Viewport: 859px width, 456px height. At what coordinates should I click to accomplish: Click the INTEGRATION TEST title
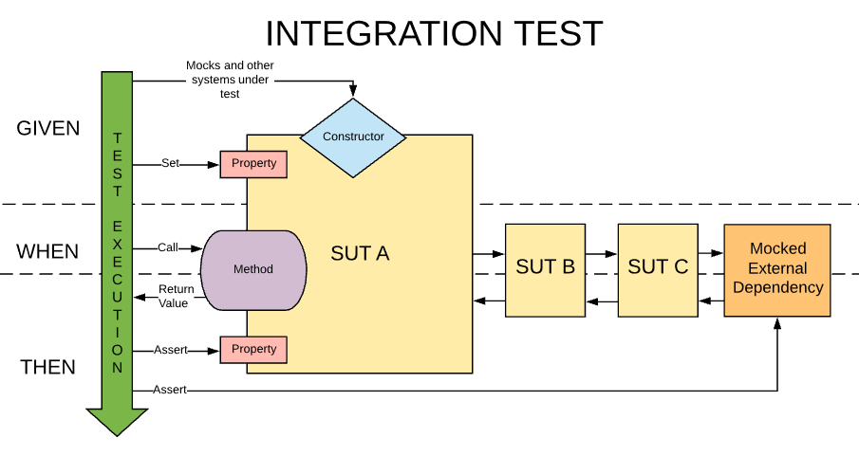pyautogui.click(x=434, y=33)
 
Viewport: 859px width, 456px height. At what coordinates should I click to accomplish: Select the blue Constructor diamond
pyautogui.click(x=353, y=137)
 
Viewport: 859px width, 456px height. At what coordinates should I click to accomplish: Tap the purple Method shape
pyautogui.click(x=253, y=269)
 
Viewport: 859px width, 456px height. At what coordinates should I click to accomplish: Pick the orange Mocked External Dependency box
pyautogui.click(x=776, y=270)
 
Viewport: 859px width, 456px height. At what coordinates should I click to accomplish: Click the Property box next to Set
pyautogui.click(x=253, y=164)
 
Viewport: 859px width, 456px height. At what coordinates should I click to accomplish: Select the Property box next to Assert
pyautogui.click(x=253, y=350)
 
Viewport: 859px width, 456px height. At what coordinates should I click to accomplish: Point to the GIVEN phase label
pyautogui.click(x=48, y=129)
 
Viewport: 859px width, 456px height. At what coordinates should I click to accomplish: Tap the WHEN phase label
pyautogui.click(x=47, y=252)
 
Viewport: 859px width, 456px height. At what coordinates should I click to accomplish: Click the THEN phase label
pyautogui.click(x=47, y=367)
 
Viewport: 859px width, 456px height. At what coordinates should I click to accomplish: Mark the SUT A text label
pyautogui.click(x=360, y=254)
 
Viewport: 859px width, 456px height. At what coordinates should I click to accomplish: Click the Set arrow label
pyautogui.click(x=170, y=163)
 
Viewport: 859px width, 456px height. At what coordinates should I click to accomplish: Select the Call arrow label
pyautogui.click(x=168, y=247)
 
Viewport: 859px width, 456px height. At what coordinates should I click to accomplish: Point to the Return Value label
pyautogui.click(x=176, y=296)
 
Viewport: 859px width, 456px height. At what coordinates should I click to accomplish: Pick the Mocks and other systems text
pyautogui.click(x=231, y=80)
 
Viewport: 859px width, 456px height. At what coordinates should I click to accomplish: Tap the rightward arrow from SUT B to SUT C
pyautogui.click(x=601, y=254)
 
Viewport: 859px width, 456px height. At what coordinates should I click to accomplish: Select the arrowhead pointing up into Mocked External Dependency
pyautogui.click(x=777, y=322)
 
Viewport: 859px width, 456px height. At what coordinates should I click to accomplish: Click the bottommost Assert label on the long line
pyautogui.click(x=170, y=390)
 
